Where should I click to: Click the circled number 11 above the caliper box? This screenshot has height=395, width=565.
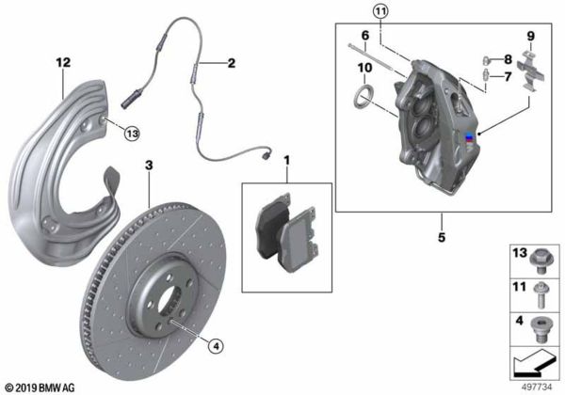point(380,11)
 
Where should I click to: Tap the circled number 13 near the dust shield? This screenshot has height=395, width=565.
point(132,134)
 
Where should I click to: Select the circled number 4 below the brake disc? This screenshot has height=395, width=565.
point(216,346)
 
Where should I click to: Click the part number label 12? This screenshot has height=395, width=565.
point(63,63)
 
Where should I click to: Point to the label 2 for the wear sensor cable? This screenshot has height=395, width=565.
point(232,63)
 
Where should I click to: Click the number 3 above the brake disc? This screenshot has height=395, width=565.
point(149,166)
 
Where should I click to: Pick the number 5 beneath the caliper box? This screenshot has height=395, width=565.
point(442,237)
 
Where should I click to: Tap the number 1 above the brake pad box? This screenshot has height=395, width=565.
point(287,161)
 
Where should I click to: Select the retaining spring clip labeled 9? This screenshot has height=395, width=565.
point(530,71)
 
